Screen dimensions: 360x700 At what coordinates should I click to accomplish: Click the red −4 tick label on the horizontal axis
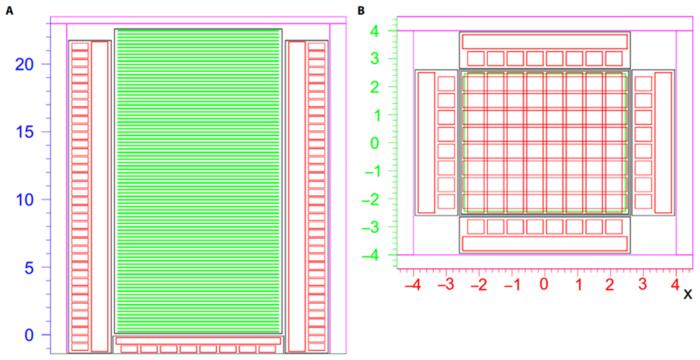(412, 285)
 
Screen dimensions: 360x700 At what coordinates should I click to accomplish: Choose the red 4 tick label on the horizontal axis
(675, 285)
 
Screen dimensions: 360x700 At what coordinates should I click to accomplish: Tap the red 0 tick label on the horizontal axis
(545, 285)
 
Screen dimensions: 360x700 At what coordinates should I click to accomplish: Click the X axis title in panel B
(688, 294)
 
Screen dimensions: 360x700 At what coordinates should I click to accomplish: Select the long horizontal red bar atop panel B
(545, 41)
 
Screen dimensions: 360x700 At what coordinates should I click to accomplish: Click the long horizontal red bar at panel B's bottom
(545, 244)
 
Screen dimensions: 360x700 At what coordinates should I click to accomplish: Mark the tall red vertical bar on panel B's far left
(426, 142)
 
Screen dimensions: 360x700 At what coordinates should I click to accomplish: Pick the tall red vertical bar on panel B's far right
(663, 142)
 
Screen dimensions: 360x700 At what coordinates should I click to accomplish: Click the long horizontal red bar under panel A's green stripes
(198, 340)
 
